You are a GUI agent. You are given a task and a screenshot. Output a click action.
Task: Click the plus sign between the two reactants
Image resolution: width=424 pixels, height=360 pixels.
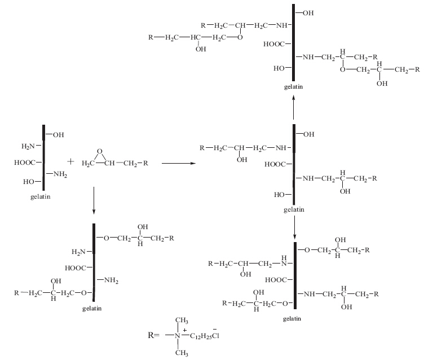70,161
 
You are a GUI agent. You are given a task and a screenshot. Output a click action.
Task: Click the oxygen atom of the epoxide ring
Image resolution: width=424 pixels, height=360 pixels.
99,151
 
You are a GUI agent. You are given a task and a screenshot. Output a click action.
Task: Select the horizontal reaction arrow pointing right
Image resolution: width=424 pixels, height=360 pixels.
177,164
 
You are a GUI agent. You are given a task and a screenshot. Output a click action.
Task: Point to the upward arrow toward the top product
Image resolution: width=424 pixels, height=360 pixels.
294,107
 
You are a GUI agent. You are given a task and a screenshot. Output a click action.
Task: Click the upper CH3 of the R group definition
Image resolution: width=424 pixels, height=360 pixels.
182,321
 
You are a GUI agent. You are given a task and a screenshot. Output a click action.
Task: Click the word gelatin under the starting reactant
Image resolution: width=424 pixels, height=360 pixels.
41,197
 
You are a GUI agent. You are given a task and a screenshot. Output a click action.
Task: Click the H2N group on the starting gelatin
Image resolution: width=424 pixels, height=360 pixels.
28,147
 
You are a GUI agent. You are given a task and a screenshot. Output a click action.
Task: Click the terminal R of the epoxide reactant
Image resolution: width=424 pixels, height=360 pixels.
145,164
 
